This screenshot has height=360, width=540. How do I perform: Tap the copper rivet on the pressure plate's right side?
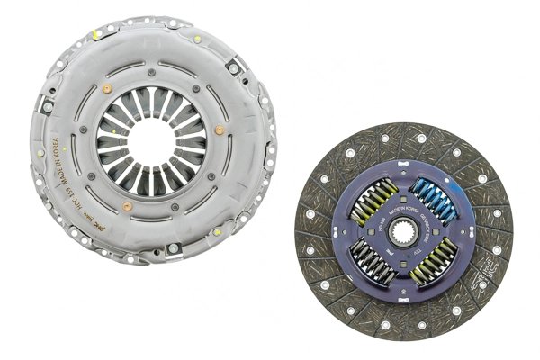220,130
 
